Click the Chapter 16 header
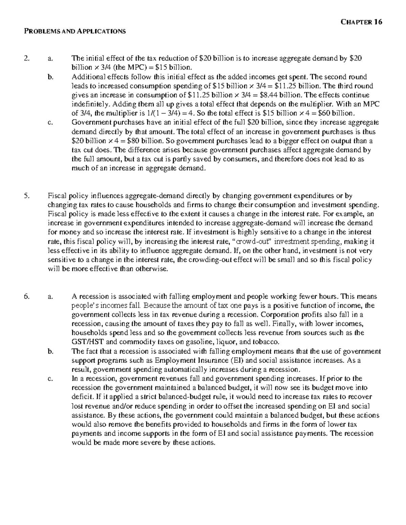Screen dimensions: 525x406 pos(361,22)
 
